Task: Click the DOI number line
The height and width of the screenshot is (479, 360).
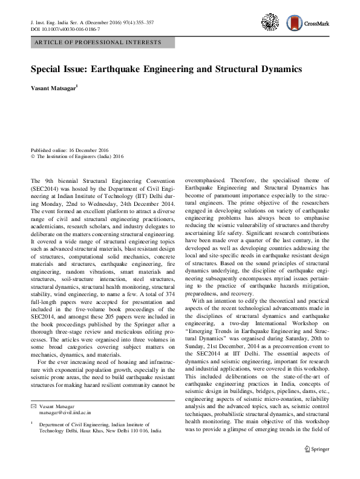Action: [x=65, y=28]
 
